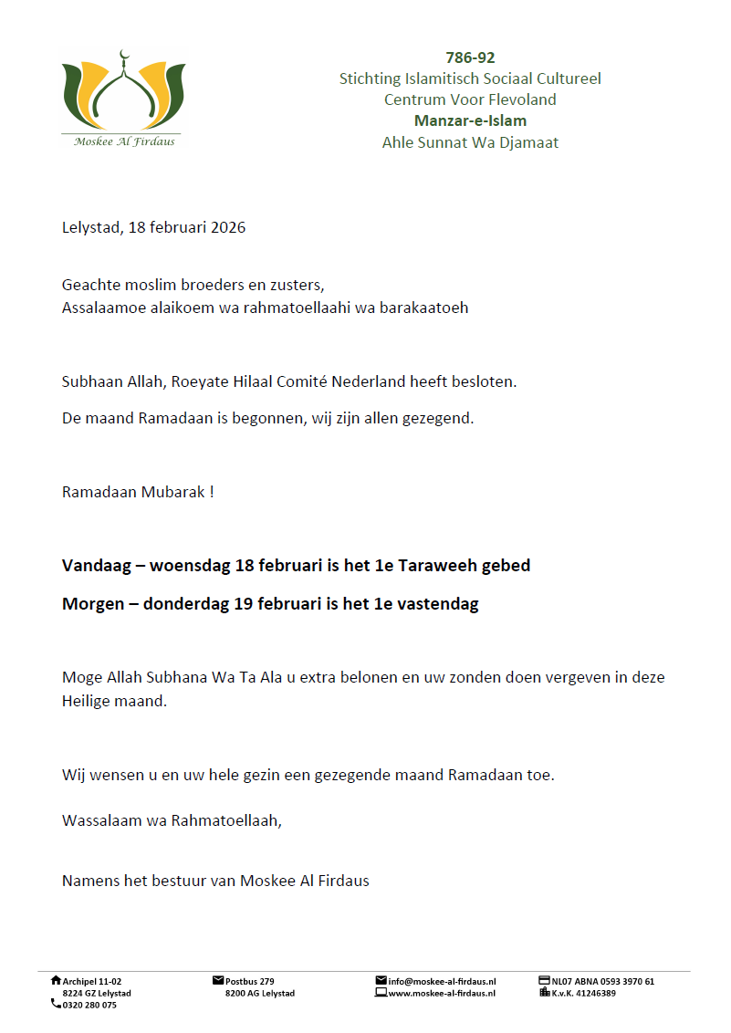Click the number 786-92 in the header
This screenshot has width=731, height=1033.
click(470, 58)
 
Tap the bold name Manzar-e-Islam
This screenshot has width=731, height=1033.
click(470, 120)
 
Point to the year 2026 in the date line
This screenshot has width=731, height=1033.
click(227, 227)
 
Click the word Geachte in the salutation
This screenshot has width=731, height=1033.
click(90, 285)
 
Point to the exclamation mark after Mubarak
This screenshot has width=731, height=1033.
click(212, 492)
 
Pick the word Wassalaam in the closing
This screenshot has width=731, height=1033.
click(100, 820)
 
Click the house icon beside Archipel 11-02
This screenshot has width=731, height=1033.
click(56, 981)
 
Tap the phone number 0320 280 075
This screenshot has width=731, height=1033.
click(89, 1005)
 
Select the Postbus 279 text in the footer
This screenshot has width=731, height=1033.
click(250, 982)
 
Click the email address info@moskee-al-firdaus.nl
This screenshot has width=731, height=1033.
click(442, 982)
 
